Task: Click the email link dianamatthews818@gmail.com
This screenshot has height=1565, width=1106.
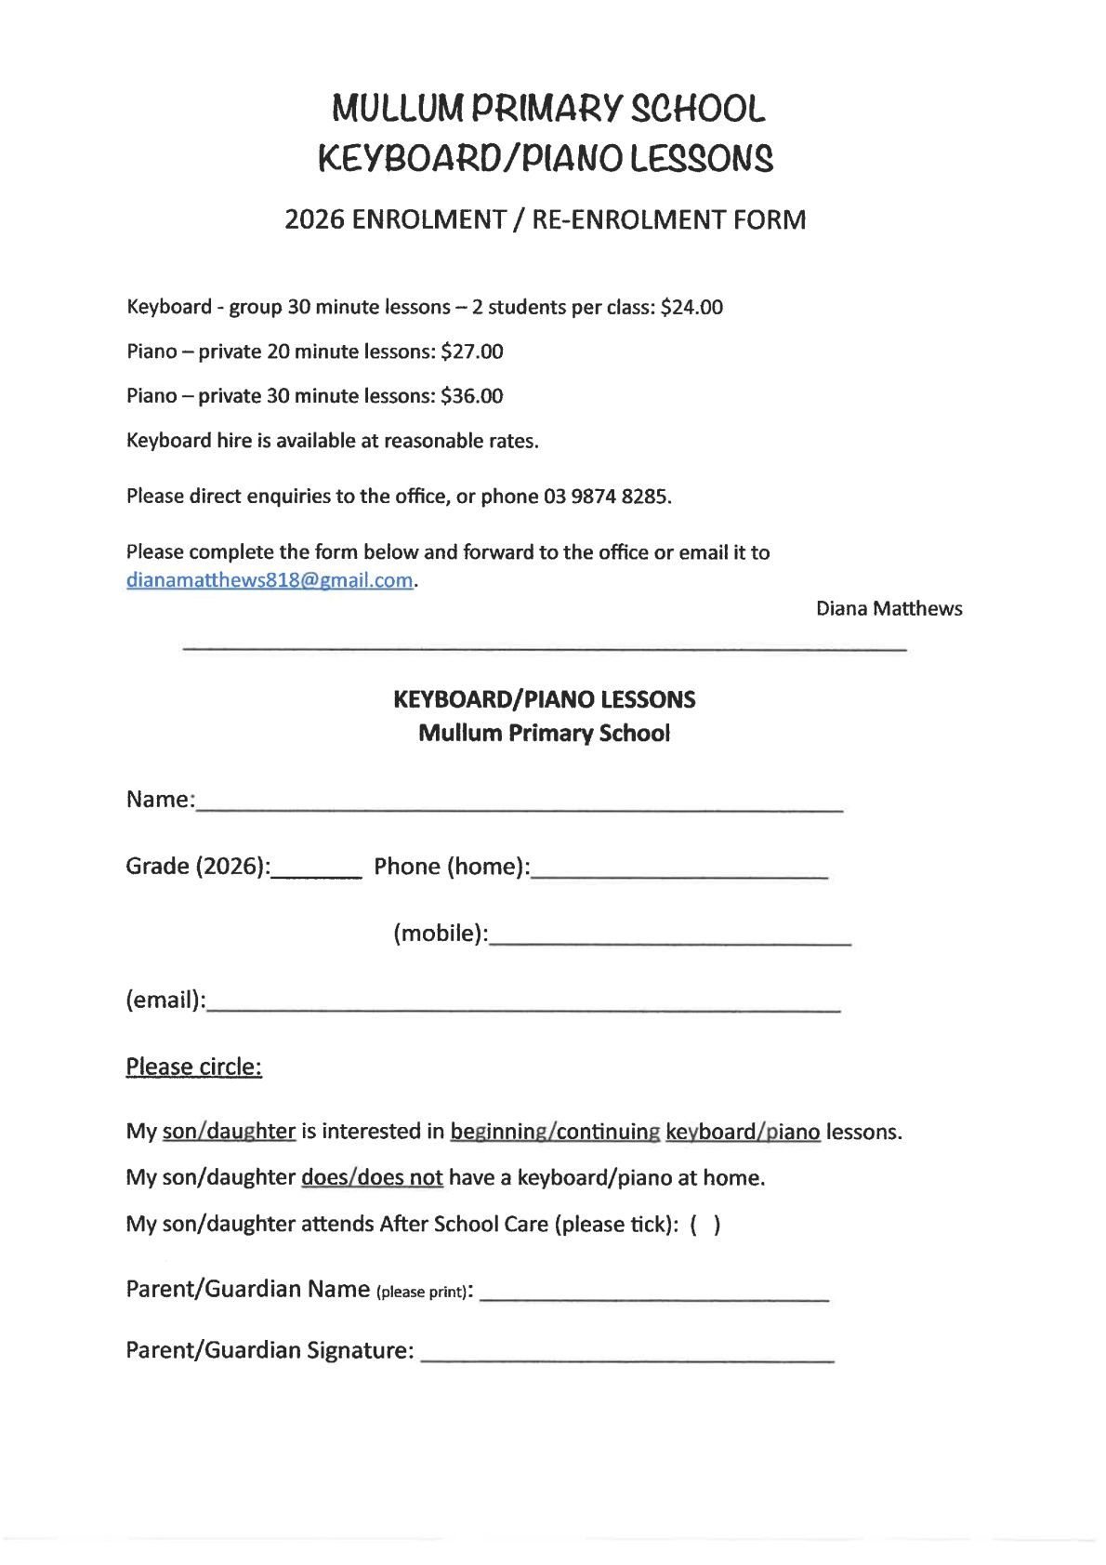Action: pos(270,580)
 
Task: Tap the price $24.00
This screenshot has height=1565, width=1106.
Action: pos(691,307)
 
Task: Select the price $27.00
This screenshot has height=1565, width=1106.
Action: pos(471,351)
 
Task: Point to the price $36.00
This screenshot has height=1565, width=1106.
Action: pos(471,396)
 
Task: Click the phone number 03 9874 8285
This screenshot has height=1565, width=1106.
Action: pos(606,497)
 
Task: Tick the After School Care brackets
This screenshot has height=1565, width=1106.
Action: pos(704,1225)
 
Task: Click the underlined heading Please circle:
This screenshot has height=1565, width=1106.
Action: pos(193,1067)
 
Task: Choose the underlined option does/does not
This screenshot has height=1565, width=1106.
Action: pos(372,1178)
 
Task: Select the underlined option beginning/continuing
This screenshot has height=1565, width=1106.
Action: pos(555,1132)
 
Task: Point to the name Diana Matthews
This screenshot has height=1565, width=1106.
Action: pos(889,608)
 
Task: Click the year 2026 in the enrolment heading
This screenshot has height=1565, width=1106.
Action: pos(314,219)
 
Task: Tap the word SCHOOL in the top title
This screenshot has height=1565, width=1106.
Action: pos(698,109)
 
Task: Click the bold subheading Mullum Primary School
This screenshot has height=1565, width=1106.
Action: pos(544,733)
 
